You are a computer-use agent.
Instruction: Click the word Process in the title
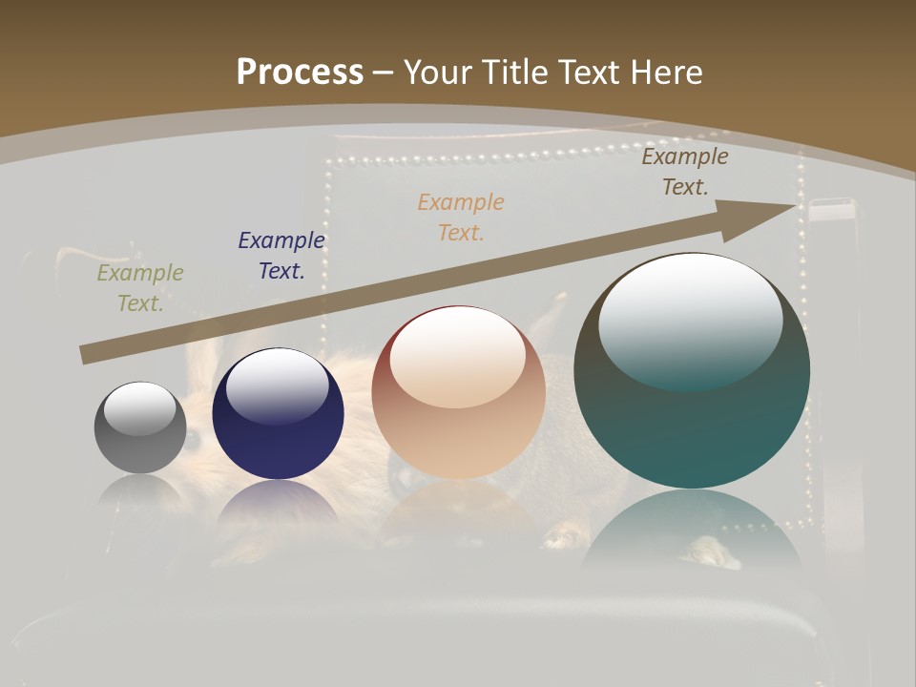point(300,73)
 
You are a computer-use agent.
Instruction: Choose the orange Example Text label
point(461,217)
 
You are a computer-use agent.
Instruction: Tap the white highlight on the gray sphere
point(139,408)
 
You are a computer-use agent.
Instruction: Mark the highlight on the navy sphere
point(277,386)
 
